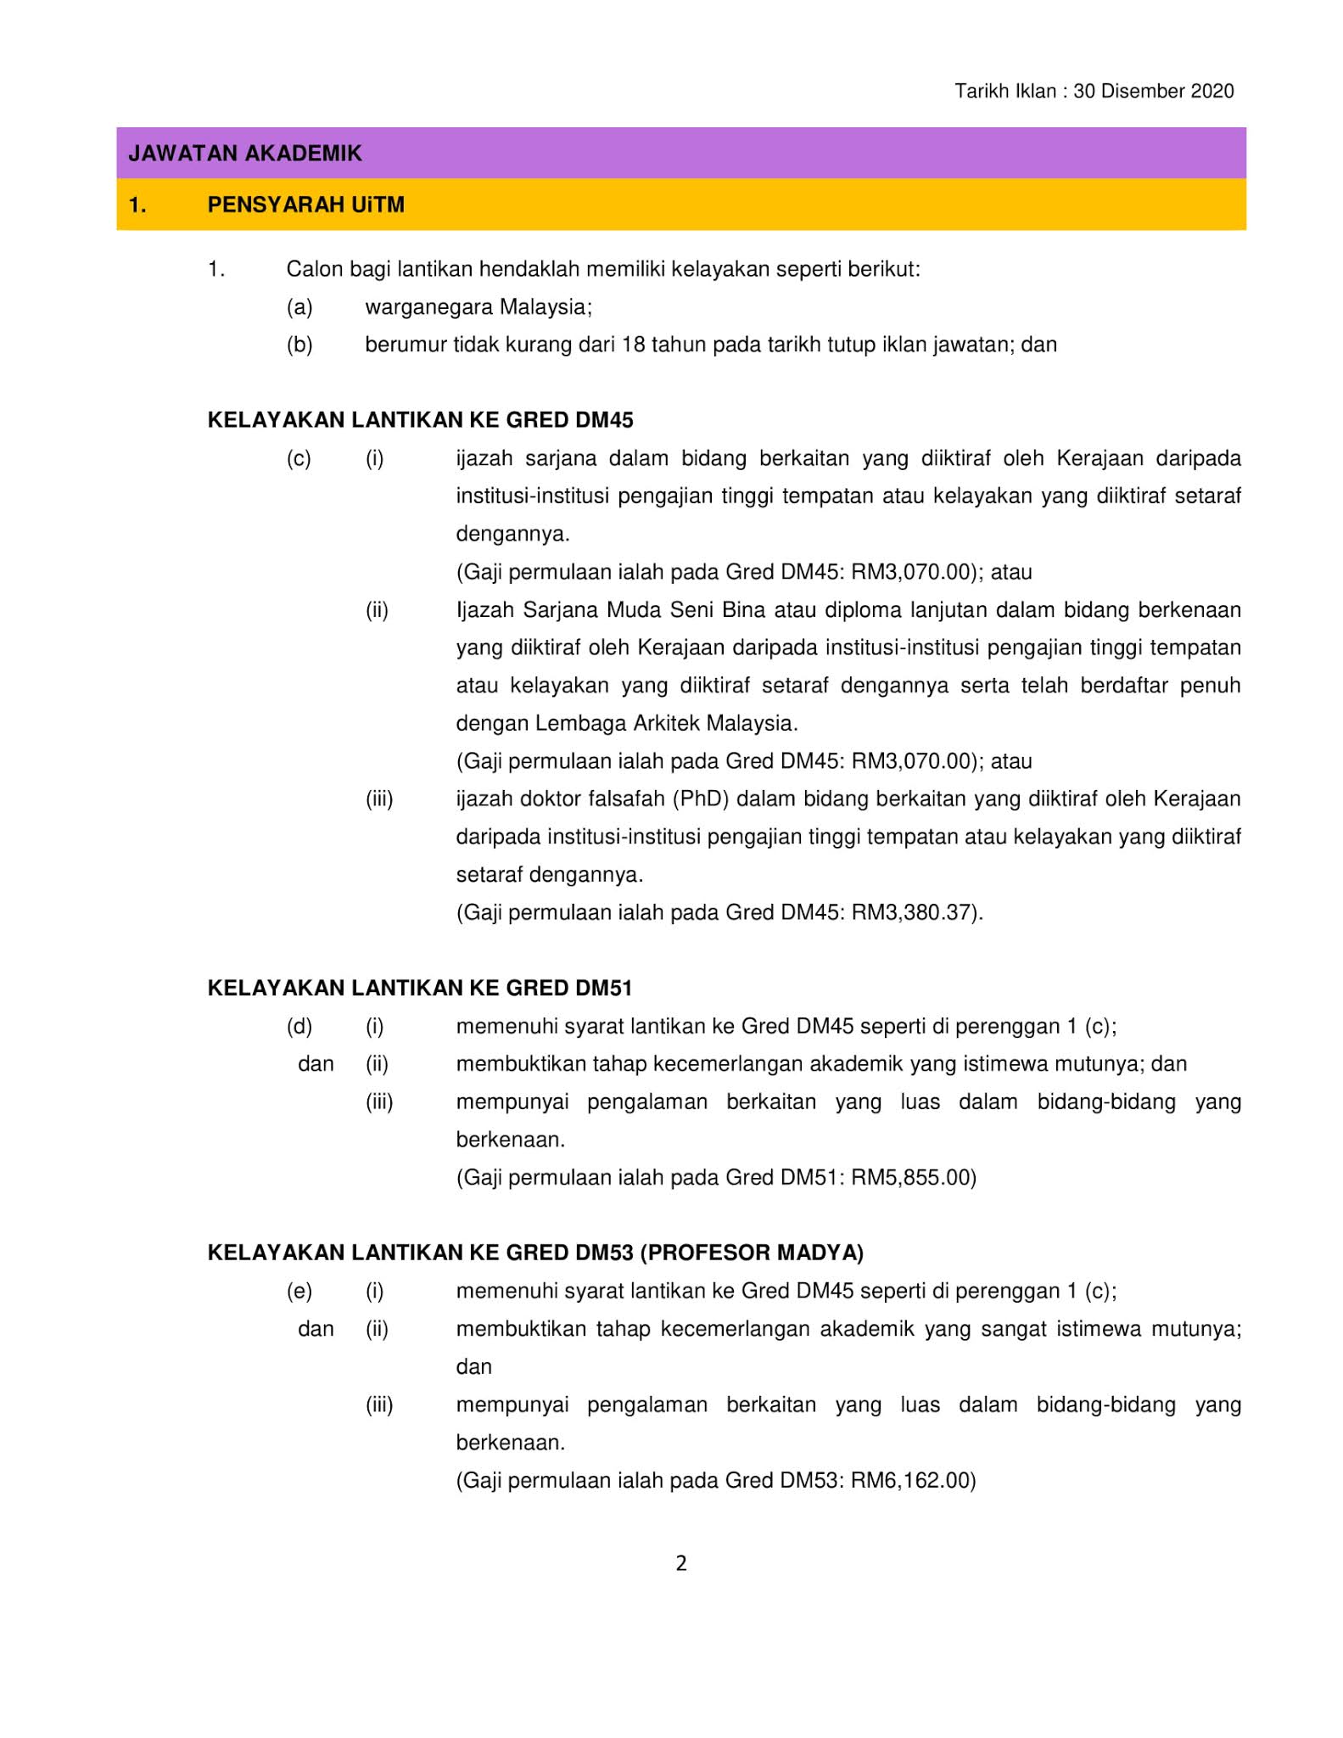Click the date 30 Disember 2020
pyautogui.click(x=1153, y=92)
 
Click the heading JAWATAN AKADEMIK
pyautogui.click(x=244, y=154)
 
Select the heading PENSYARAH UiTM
pyautogui.click(x=305, y=205)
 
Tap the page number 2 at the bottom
pyautogui.click(x=681, y=1562)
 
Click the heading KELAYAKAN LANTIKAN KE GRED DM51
pyautogui.click(x=420, y=988)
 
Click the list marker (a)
pyautogui.click(x=299, y=307)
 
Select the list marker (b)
pyautogui.click(x=299, y=345)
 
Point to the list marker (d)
pyautogui.click(x=299, y=1026)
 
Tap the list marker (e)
pyautogui.click(x=299, y=1291)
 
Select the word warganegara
pyautogui.click(x=428, y=307)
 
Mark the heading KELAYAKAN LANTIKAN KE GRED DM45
pyautogui.click(x=420, y=420)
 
